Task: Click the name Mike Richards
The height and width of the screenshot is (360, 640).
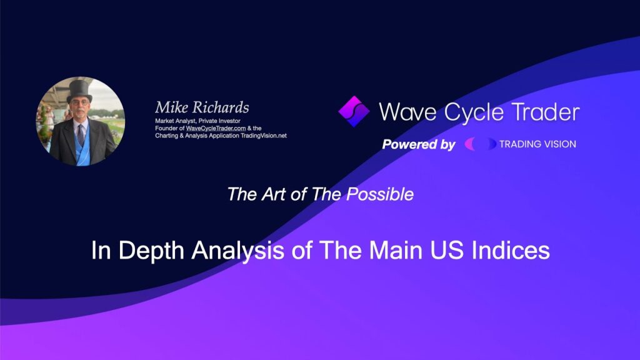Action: point(202,107)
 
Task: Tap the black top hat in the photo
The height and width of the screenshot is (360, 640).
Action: point(79,91)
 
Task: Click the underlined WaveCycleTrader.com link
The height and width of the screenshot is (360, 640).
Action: point(216,128)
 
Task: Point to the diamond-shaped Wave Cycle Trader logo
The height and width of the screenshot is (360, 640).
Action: point(354,111)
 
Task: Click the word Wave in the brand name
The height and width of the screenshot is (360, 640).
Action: point(407,112)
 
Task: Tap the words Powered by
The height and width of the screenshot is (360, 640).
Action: point(419,144)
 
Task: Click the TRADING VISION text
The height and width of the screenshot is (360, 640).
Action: point(537,144)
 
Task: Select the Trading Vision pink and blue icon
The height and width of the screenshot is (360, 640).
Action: point(481,144)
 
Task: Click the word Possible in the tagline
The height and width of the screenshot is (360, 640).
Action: point(380,194)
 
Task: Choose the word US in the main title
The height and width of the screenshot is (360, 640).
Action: point(447,250)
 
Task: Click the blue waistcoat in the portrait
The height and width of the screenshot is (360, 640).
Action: point(82,146)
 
